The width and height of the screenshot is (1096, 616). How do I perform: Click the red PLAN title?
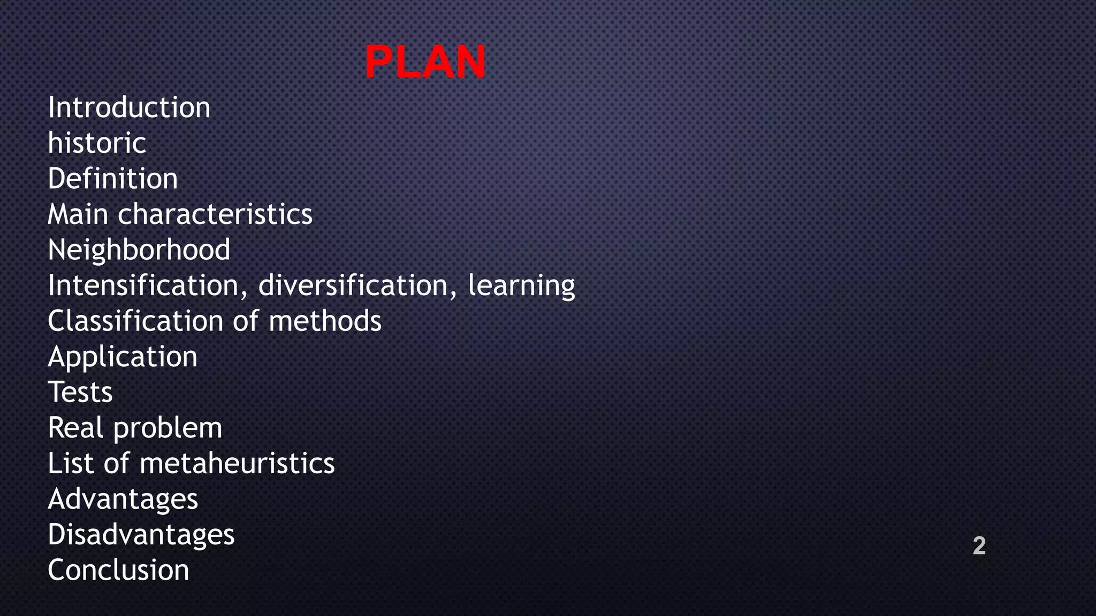tap(425, 62)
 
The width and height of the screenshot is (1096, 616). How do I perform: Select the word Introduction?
tap(129, 107)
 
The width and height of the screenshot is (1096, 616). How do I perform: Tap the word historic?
tap(97, 143)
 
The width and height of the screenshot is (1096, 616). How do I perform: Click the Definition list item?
tap(112, 179)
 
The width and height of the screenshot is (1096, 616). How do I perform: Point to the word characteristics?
tap(215, 214)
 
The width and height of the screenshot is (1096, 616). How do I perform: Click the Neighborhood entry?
tap(139, 250)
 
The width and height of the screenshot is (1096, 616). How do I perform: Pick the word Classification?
tap(135, 321)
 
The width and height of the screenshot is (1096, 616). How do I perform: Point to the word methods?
tap(325, 321)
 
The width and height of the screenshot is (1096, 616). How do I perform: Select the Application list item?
tap(123, 357)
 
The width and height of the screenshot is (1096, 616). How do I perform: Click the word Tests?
tap(80, 392)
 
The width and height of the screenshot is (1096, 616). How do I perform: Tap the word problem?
tap(168, 428)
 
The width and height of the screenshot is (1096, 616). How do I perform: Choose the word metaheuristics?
tap(237, 463)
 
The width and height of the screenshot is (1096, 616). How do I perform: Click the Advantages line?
tap(123, 499)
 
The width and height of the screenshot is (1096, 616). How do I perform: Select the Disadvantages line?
tap(141, 535)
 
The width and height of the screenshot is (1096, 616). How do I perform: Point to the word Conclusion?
tap(118, 570)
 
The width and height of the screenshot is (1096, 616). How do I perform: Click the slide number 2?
tap(979, 545)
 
